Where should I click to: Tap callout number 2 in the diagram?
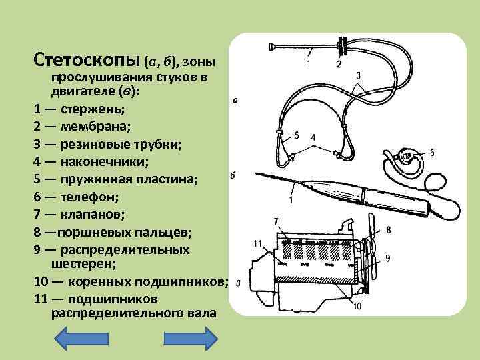(x=339, y=65)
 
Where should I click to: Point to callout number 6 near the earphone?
(x=432, y=153)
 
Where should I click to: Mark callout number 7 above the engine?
(x=276, y=221)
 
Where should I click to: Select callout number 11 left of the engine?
(x=258, y=243)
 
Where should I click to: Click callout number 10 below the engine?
(x=357, y=306)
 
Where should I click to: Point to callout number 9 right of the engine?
(x=387, y=257)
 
